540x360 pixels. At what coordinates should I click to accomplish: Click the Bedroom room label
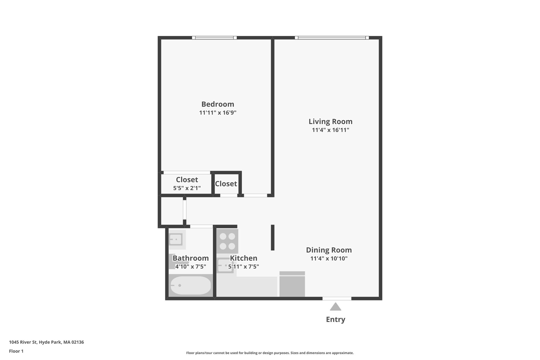click(x=218, y=104)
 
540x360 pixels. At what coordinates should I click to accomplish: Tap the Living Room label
click(x=330, y=121)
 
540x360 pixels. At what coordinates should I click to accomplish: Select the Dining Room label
click(x=329, y=250)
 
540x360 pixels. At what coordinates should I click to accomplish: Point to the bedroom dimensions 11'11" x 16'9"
click(x=218, y=113)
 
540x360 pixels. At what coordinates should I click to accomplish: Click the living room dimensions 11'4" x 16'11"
click(x=330, y=130)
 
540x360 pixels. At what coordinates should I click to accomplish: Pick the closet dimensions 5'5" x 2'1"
click(x=187, y=188)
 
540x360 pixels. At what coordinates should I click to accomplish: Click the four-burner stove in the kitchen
click(x=227, y=241)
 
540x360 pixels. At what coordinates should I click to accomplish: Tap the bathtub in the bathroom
click(x=190, y=285)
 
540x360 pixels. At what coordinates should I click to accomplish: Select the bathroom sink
click(x=176, y=240)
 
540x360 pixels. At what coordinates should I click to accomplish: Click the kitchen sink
click(x=225, y=265)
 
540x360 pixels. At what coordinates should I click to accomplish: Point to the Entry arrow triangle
click(x=336, y=307)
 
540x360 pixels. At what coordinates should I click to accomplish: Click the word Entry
click(x=336, y=319)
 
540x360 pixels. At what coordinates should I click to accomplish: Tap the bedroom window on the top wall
click(x=214, y=38)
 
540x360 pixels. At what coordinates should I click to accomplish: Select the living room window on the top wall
click(x=332, y=38)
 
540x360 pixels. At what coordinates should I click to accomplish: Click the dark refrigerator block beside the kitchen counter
click(x=292, y=285)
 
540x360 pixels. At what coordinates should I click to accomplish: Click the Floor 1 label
click(x=16, y=351)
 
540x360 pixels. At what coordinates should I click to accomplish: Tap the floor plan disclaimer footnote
click(x=270, y=353)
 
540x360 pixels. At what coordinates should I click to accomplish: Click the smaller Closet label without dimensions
click(x=226, y=184)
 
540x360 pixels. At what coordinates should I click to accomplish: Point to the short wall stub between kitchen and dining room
click(x=273, y=237)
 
